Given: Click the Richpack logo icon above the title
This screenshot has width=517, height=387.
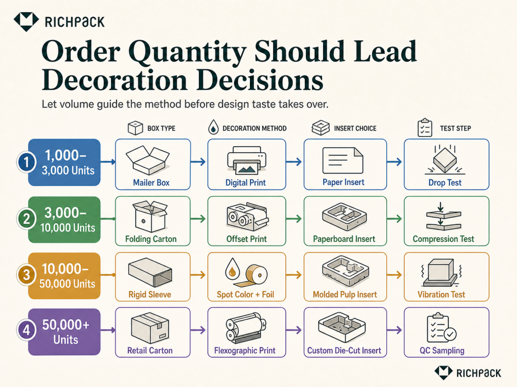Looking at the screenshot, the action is (x=26, y=21).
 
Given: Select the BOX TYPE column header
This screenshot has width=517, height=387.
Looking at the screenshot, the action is (x=161, y=128).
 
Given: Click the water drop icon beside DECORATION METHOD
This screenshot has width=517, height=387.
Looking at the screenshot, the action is (x=214, y=127).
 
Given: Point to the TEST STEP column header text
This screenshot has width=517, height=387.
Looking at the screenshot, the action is (x=455, y=128).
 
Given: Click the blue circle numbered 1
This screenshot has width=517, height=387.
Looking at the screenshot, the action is (x=26, y=162).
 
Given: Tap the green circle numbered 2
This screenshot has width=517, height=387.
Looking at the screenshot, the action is (x=26, y=219).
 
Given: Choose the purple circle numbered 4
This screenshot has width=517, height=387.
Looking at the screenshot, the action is (x=26, y=330).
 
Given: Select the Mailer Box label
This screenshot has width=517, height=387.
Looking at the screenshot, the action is (x=151, y=182).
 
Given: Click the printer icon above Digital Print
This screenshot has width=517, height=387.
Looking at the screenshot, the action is (x=246, y=160).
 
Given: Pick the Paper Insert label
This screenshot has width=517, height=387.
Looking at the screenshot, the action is (x=343, y=182).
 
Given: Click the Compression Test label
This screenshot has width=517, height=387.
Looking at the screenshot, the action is (x=443, y=239).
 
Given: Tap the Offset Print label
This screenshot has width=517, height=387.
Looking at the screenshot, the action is (x=246, y=239).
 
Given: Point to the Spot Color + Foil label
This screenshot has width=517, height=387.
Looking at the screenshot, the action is (x=245, y=294).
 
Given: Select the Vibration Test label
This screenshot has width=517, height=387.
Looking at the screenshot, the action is (x=441, y=294).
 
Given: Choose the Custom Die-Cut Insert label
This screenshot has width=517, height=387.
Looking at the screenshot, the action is (x=344, y=351).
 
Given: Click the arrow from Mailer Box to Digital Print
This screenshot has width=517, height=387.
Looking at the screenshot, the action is (x=198, y=162).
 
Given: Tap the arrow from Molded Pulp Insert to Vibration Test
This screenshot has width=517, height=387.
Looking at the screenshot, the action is (x=394, y=275).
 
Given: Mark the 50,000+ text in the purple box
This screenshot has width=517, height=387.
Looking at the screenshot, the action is (x=66, y=325).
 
